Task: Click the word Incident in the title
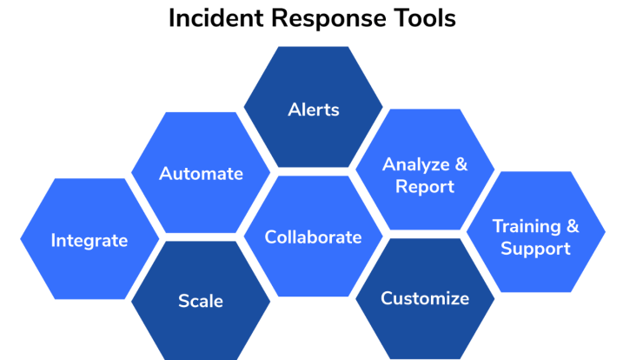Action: (215, 18)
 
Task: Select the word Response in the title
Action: (329, 19)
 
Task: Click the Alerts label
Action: (314, 110)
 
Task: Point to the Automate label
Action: (201, 173)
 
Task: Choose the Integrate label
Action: (89, 241)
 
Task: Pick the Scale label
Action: (201, 301)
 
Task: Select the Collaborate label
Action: (314, 237)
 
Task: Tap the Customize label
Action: (425, 298)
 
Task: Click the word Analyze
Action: (416, 165)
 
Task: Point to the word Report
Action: (425, 187)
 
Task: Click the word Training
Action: (527, 227)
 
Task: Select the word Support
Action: (535, 250)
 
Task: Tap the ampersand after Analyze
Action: (461, 164)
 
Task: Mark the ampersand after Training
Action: (573, 226)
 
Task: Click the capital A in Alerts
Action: (295, 110)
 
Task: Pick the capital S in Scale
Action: (183, 301)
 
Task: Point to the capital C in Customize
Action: (388, 298)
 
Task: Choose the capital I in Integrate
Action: (53, 240)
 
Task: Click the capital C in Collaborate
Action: (271, 237)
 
